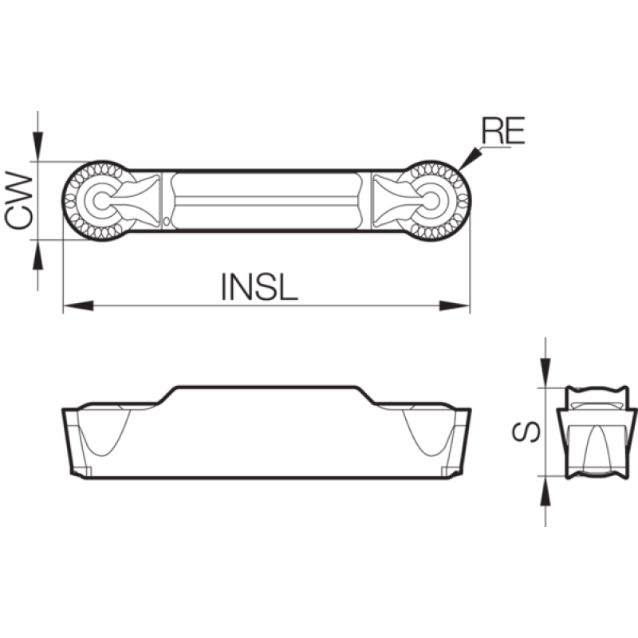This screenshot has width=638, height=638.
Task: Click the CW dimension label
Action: click(18, 200)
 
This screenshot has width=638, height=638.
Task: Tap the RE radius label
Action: click(503, 130)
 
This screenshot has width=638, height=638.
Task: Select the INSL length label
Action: click(259, 286)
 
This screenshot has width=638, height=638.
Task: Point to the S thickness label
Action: click(526, 431)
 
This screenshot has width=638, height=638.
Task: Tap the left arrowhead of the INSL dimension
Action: click(78, 305)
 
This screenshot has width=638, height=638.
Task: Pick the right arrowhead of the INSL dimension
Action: click(455, 305)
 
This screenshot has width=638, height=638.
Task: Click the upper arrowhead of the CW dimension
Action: click(37, 147)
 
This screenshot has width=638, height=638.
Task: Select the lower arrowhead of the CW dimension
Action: click(37, 254)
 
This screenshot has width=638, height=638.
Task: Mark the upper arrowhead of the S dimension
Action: click(545, 373)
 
